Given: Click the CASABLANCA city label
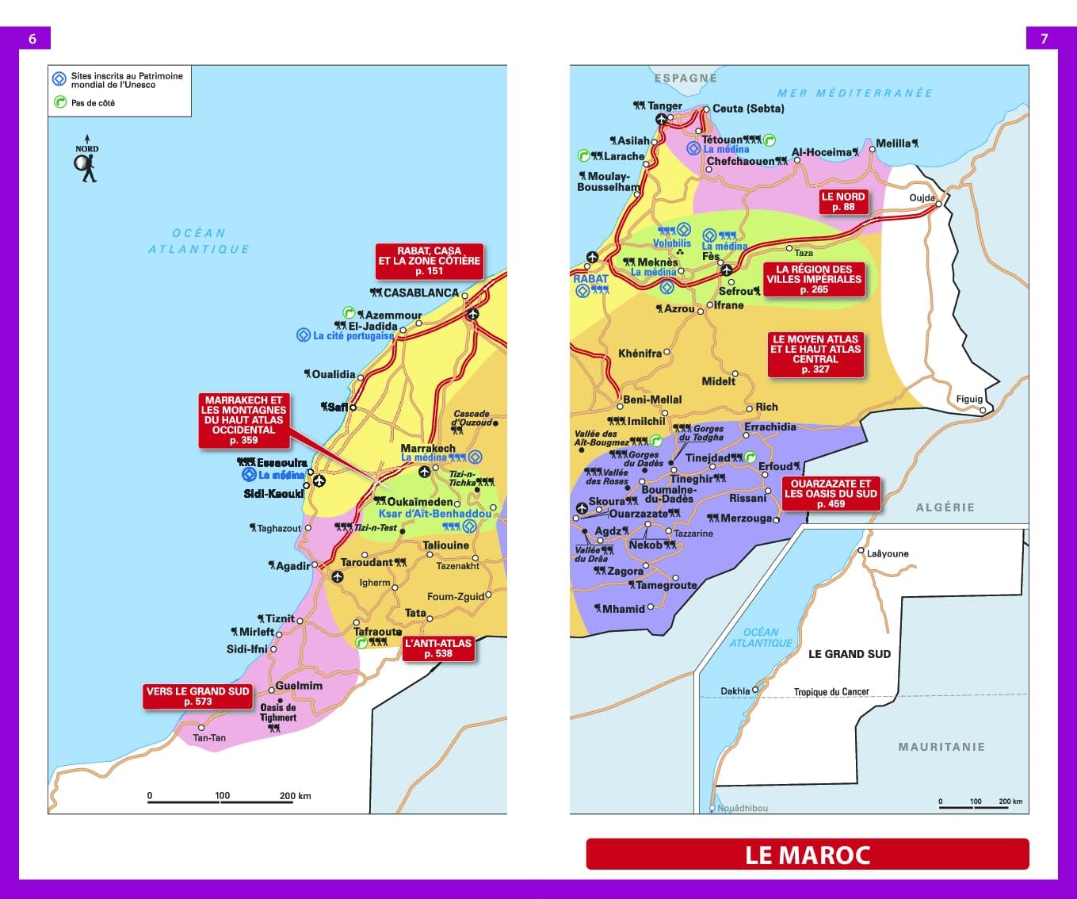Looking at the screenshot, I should click(421, 293).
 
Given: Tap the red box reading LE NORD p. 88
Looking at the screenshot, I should click(843, 201).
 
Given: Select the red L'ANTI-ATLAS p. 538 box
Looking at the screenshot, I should click(438, 648).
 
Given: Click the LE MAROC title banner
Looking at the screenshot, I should click(807, 855).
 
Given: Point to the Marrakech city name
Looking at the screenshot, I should click(428, 448).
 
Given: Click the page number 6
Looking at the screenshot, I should click(32, 39).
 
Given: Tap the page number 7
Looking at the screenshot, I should click(1044, 39).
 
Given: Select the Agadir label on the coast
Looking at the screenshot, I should click(292, 566).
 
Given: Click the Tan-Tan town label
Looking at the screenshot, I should click(209, 737).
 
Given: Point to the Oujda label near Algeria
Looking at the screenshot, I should click(922, 197).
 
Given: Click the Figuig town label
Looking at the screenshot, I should click(968, 399).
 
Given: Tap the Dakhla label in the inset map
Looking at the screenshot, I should click(735, 691).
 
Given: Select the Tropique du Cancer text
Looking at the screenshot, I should click(831, 691).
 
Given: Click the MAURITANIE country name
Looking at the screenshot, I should click(941, 747).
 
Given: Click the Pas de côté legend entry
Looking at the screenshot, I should click(93, 103).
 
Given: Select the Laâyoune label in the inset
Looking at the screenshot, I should click(888, 553).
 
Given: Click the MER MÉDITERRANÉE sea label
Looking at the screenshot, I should click(854, 93).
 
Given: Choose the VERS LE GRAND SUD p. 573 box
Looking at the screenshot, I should click(197, 696).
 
